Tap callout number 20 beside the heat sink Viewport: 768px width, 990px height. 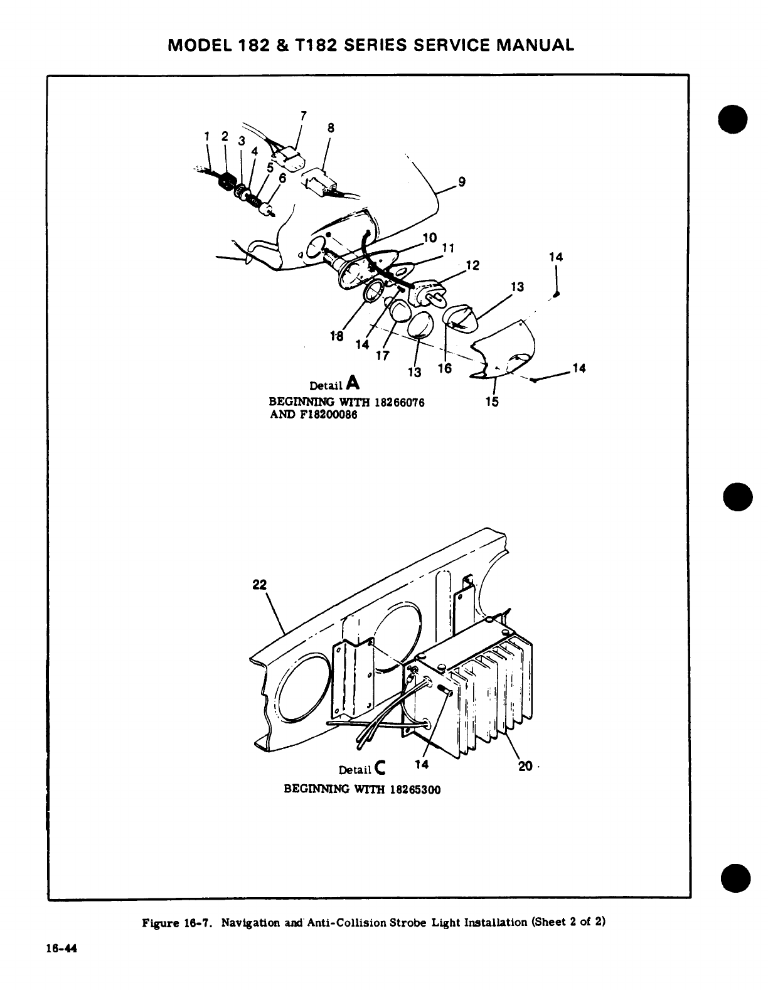click(525, 766)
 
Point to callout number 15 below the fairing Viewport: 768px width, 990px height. click(492, 402)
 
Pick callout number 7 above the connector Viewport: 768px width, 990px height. click(304, 115)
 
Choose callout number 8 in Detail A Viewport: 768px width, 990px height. click(331, 128)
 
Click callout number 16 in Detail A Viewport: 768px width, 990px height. click(444, 369)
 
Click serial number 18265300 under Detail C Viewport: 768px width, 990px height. click(414, 789)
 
